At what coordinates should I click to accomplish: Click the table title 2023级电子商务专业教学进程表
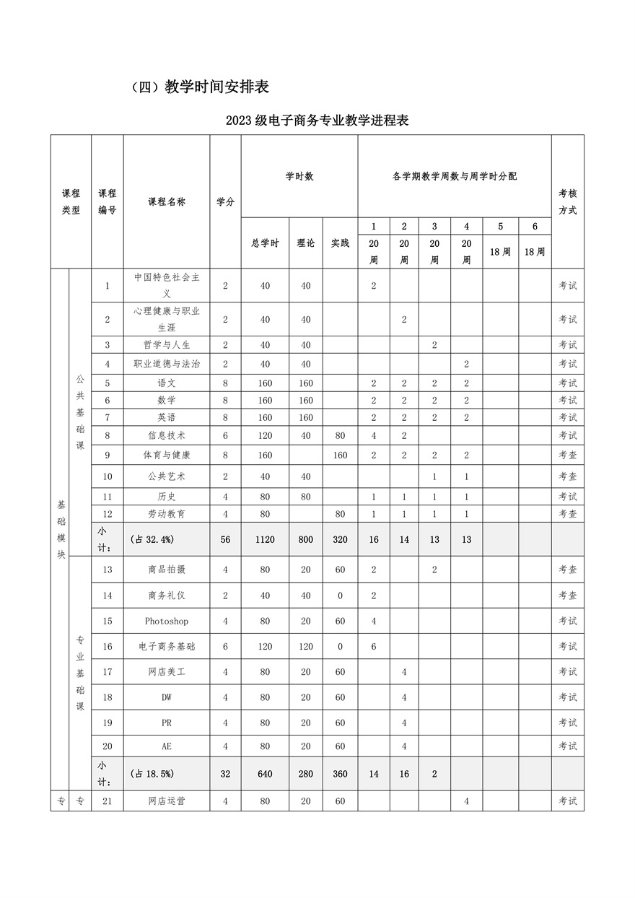317,121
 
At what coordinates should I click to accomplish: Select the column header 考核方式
567,202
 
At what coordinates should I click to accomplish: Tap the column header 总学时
265,243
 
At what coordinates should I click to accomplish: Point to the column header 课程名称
167,202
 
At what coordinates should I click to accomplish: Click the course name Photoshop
167,621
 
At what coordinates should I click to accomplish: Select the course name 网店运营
167,801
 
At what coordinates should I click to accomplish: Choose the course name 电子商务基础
167,646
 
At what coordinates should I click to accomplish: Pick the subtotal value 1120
265,539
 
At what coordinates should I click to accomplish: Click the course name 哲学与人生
167,345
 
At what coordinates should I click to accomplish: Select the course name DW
167,697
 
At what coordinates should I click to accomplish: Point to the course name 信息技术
167,435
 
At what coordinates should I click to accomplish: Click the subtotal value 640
265,774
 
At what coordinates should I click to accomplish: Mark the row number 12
108,514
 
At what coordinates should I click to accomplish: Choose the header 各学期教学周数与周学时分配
454,176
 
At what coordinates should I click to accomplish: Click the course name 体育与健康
167,455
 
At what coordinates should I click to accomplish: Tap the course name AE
167,746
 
